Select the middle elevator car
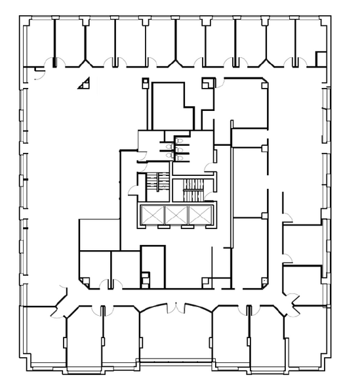coord(176,215)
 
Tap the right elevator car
coord(198,215)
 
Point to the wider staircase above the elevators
coord(193,190)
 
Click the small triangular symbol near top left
coord(83,83)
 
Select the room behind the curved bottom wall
coord(176,335)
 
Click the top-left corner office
coord(39,43)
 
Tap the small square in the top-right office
coord(321,59)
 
